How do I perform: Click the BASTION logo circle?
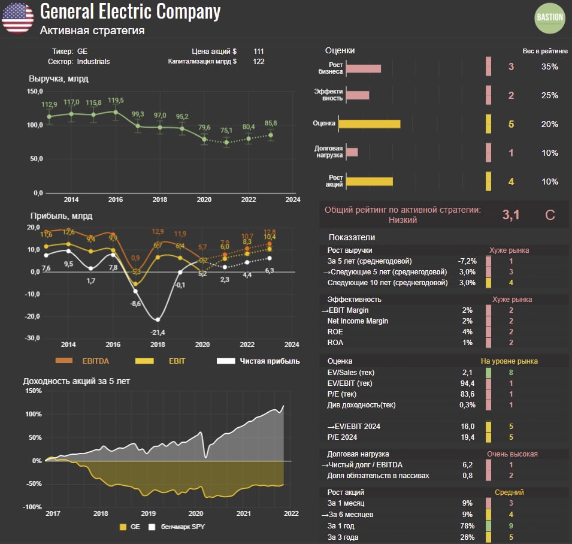[549, 17]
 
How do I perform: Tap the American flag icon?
[17, 17]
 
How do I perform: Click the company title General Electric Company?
[130, 11]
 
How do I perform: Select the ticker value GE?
[83, 52]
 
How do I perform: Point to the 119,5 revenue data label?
[116, 100]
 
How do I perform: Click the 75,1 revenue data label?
[226, 131]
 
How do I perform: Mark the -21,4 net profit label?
[158, 331]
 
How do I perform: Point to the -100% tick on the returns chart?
[32, 507]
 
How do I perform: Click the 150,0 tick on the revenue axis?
[35, 92]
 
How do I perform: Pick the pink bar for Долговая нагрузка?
[352, 152]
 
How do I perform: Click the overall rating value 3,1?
[510, 214]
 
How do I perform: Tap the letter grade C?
[550, 214]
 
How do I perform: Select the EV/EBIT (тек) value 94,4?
[467, 383]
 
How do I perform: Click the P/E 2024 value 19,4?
[467, 437]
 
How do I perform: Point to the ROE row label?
[336, 332]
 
